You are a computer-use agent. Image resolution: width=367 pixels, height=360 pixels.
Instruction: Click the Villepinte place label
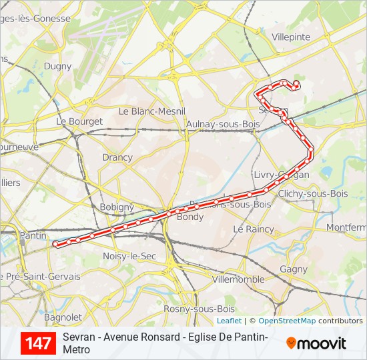point(291,37)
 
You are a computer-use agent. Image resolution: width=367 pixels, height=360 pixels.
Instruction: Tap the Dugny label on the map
point(57,66)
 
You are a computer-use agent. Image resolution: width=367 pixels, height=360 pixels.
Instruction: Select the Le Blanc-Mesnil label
point(151,111)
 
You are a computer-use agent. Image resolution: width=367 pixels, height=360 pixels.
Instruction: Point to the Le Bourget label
point(79,121)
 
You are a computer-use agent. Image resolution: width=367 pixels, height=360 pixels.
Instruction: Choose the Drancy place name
point(117,157)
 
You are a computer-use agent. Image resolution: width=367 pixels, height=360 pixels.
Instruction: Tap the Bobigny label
point(117,207)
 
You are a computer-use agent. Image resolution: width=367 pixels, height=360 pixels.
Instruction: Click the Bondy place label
point(191,217)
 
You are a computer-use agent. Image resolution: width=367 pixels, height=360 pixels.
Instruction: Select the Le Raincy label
point(254,229)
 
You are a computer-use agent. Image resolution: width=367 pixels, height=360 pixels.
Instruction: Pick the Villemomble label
point(238,279)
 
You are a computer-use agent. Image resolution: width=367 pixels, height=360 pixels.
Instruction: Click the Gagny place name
point(294,269)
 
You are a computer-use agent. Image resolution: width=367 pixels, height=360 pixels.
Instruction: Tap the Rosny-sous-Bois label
point(199,309)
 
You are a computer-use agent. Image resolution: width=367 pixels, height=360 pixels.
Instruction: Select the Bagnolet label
point(62,317)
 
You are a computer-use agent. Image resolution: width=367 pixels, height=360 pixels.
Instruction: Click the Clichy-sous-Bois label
point(313,193)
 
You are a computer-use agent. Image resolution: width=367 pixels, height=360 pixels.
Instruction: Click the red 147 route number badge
point(38,343)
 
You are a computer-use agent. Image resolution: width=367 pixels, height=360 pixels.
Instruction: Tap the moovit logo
point(316,343)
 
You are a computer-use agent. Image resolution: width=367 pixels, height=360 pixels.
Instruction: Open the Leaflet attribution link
point(229,321)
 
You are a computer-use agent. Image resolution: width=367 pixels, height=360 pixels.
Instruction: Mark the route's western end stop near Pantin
point(55,244)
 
